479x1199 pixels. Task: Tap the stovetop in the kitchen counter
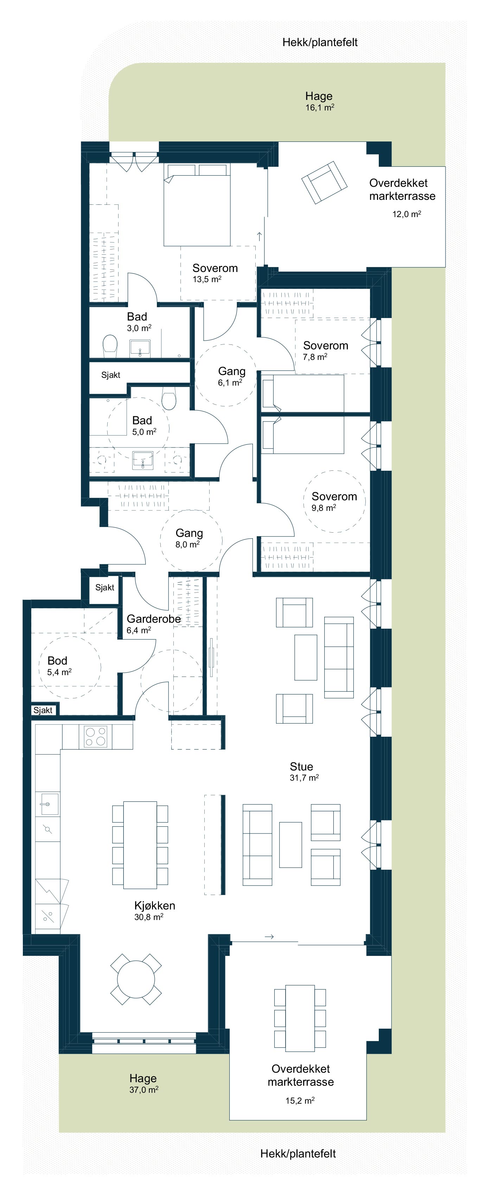click(96, 737)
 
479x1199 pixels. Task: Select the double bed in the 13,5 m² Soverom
click(197, 205)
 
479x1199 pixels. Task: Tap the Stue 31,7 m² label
click(304, 771)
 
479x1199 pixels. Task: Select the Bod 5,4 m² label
click(59, 665)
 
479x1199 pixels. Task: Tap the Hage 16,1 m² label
click(319, 101)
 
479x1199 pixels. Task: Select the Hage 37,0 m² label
click(143, 1083)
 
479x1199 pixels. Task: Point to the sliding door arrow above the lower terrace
click(269, 937)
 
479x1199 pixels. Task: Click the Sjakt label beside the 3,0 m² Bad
click(111, 375)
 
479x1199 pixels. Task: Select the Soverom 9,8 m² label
click(334, 501)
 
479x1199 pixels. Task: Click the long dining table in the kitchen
click(140, 845)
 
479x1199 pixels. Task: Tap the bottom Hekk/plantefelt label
click(298, 1153)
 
